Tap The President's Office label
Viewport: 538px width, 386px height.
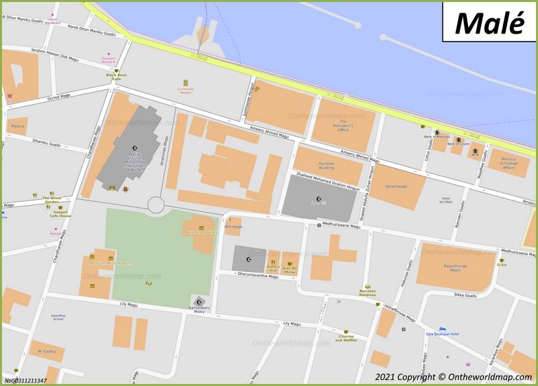pyautogui.click(x=343, y=125)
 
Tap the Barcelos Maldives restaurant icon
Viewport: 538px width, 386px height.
pyautogui.click(x=367, y=286)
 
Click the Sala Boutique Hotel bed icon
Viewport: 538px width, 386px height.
pyautogui.click(x=442, y=329)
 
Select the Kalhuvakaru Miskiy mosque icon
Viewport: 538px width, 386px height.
pyautogui.click(x=198, y=301)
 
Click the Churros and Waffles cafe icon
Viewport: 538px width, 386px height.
pyautogui.click(x=347, y=332)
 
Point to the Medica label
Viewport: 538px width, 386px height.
pyautogui.click(x=18, y=126)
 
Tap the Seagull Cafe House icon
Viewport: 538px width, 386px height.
pyautogui.click(x=57, y=208)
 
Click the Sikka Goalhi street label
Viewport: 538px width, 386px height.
pyautogui.click(x=464, y=295)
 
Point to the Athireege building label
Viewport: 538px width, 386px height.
pyautogui.click(x=233, y=227)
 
